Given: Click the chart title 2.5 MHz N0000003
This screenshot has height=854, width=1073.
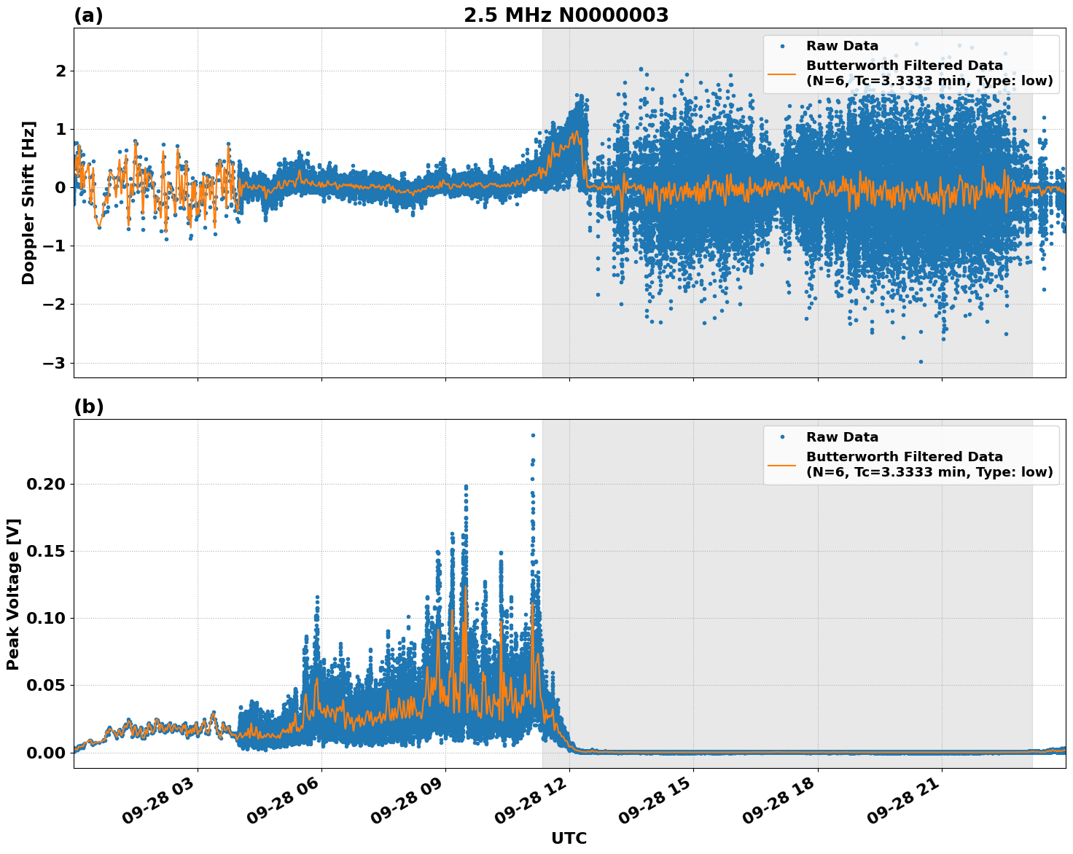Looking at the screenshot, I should [x=566, y=15].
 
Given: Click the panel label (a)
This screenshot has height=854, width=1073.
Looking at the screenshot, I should [x=88, y=15].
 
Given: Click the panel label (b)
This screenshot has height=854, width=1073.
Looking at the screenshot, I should [x=88, y=407].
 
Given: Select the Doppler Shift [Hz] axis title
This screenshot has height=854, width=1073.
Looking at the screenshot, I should [x=28, y=203].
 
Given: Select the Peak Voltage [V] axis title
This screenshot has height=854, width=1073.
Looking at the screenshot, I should [x=13, y=594].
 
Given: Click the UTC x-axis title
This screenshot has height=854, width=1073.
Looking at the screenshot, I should [x=569, y=838].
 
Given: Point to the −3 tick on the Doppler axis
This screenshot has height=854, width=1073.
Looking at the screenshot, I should [x=55, y=363].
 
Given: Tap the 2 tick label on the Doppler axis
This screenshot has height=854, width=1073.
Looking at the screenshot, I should [x=61, y=71].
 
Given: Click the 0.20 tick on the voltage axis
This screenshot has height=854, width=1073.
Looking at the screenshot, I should [x=46, y=485].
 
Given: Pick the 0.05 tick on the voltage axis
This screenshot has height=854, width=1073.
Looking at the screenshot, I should [x=46, y=686].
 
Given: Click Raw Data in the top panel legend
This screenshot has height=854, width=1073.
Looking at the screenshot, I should [x=842, y=46].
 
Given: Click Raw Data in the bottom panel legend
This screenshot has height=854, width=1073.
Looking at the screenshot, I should [x=842, y=437].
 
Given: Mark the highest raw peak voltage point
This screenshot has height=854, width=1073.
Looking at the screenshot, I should [x=533, y=436].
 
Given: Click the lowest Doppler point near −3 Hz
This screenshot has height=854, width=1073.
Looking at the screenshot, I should [x=921, y=361].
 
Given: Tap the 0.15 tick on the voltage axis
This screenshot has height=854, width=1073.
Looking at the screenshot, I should [x=46, y=552].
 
